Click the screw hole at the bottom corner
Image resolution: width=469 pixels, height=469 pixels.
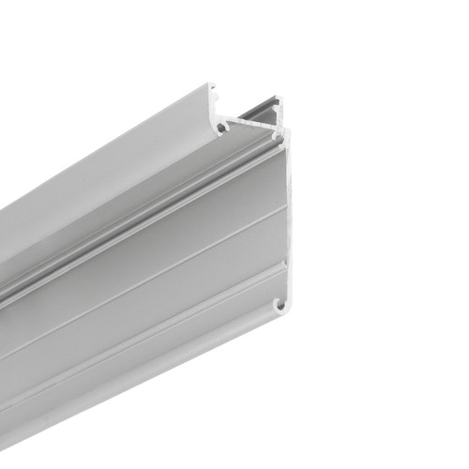pos(280,304)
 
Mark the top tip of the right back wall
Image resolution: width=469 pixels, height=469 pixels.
pos(279,98)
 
